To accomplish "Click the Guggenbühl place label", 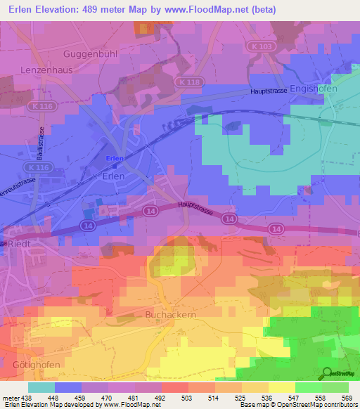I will (x=89, y=53).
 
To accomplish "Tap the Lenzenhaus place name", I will (x=48, y=71).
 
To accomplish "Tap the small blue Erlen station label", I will (x=114, y=159).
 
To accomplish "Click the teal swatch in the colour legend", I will (x=41, y=387).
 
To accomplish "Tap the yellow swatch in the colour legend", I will (x=281, y=387).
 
